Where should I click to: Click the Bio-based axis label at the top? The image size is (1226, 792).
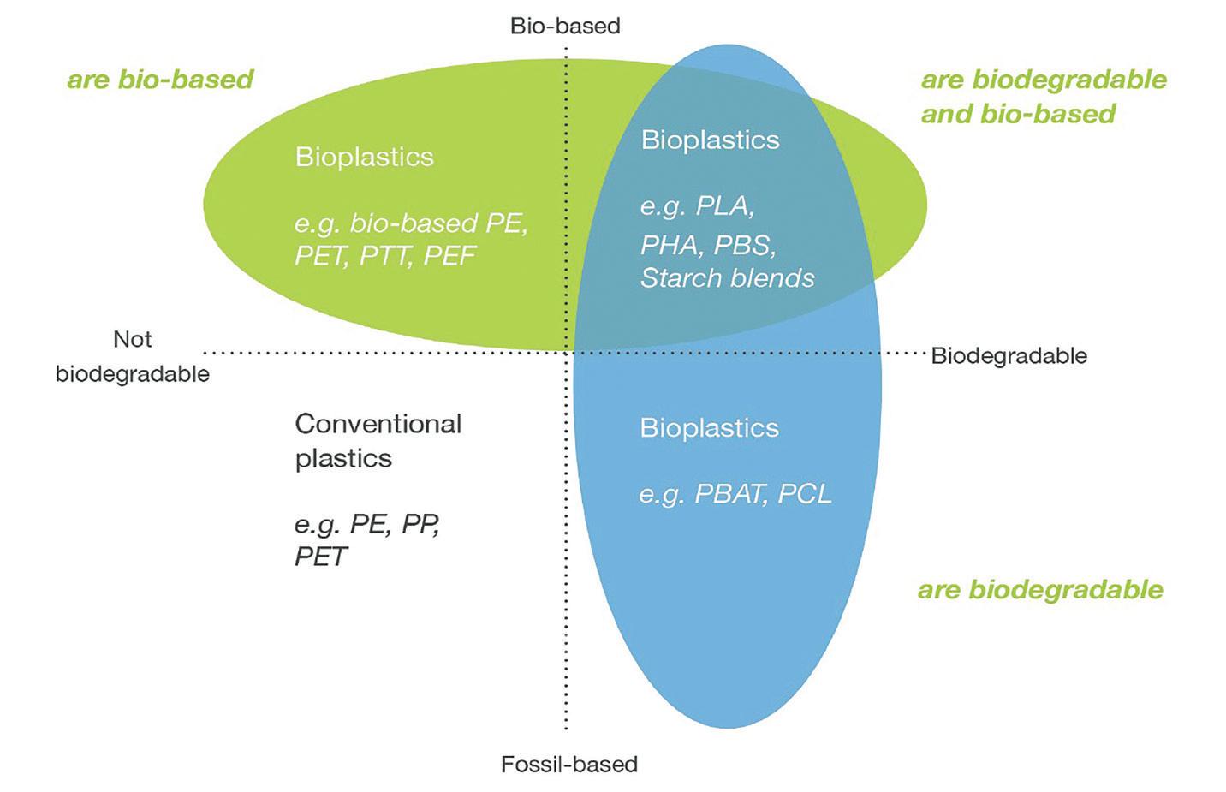pyautogui.click(x=565, y=26)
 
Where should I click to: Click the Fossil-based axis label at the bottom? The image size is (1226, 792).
pyautogui.click(x=569, y=764)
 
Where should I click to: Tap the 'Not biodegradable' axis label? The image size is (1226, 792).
pyautogui.click(x=133, y=356)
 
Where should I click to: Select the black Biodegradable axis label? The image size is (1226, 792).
pyautogui.click(x=1009, y=355)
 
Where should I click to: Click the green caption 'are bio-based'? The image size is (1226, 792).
pyautogui.click(x=160, y=80)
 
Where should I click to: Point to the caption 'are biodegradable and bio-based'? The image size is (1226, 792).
pyautogui.click(x=1043, y=97)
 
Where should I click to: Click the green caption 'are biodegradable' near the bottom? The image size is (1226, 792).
pyautogui.click(x=1040, y=589)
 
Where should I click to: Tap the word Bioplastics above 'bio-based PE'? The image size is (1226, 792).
pyautogui.click(x=364, y=157)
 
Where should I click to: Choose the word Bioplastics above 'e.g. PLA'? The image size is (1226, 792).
pyautogui.click(x=710, y=140)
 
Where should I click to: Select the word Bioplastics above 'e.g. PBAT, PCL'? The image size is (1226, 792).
pyautogui.click(x=709, y=427)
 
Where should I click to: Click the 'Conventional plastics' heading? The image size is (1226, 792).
pyautogui.click(x=378, y=440)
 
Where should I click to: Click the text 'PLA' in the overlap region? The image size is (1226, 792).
pyautogui.click(x=723, y=206)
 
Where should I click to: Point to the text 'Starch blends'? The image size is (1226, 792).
pyautogui.click(x=727, y=277)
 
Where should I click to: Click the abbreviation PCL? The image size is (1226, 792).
pyautogui.click(x=804, y=494)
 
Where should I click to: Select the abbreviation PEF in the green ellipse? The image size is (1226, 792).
pyautogui.click(x=449, y=256)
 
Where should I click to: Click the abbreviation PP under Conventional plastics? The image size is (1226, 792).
pyautogui.click(x=420, y=523)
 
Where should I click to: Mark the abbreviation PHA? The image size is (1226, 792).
pyautogui.click(x=669, y=245)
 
